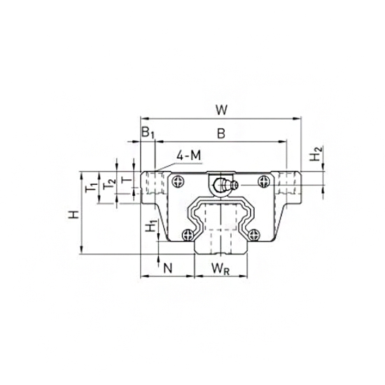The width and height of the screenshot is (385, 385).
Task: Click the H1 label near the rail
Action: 149,227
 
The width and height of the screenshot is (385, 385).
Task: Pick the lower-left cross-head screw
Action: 188,234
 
